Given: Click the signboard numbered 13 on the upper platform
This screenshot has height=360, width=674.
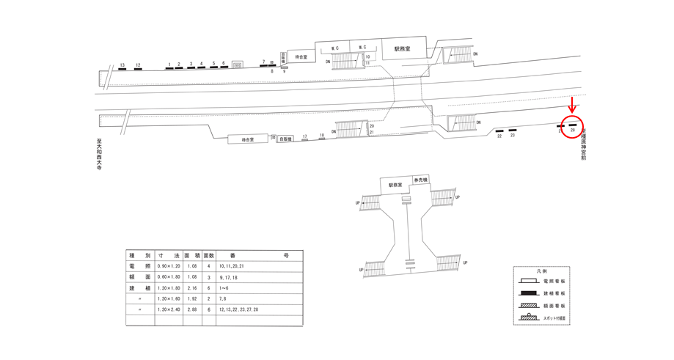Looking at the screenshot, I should click(x=122, y=70).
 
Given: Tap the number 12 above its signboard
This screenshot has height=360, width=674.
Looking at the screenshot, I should click(x=138, y=65).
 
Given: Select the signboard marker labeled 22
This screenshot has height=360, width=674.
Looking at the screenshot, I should click(x=499, y=131).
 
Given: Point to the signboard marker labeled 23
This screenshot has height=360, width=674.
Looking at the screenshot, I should click(x=513, y=131).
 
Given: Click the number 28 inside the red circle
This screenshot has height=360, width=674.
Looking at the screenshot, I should click(x=573, y=131).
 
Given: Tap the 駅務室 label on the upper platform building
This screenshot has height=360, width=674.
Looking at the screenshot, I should click(x=402, y=48).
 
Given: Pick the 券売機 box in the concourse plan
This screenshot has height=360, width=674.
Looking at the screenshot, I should click(x=421, y=180).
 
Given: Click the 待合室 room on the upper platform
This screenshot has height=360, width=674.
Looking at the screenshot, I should click(x=301, y=56).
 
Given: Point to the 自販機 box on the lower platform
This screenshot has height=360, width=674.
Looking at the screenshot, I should click(x=285, y=139).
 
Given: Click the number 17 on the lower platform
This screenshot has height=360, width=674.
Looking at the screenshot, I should click(x=305, y=136).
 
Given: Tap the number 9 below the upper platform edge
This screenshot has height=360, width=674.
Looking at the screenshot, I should click(x=284, y=72).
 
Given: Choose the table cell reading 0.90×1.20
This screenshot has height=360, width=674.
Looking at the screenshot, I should click(x=169, y=266).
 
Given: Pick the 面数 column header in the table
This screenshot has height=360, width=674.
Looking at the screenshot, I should click(x=208, y=255).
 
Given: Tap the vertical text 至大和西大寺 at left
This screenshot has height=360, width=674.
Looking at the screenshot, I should click(x=98, y=153).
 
